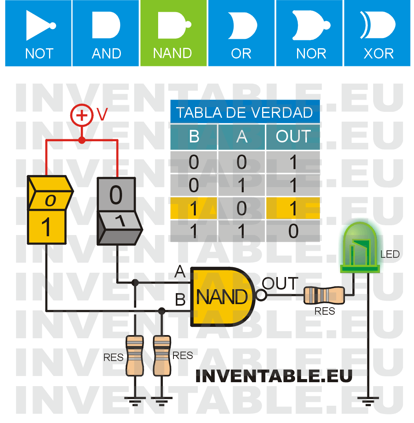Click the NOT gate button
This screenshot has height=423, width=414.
coord(38,33)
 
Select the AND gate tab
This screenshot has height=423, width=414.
coord(106,33)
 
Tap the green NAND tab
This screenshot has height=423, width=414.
coord(173,33)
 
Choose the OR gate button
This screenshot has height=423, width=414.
coord(241,33)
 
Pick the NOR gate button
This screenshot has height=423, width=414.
coord(309,33)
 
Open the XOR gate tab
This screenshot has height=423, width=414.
coord(378,33)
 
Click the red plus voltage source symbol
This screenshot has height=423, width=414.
coord(82,115)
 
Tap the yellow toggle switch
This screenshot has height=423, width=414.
coord(47,210)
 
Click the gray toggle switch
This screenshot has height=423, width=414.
coord(117,210)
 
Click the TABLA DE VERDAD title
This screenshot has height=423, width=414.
coord(244,113)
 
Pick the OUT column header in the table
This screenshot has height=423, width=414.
coord(293,137)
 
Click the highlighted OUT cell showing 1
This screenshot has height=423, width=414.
coord(293,208)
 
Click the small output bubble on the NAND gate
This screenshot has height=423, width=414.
coord(260,295)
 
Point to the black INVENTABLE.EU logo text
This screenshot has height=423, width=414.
coord(274,376)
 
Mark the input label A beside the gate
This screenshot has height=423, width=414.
coord(180,271)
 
